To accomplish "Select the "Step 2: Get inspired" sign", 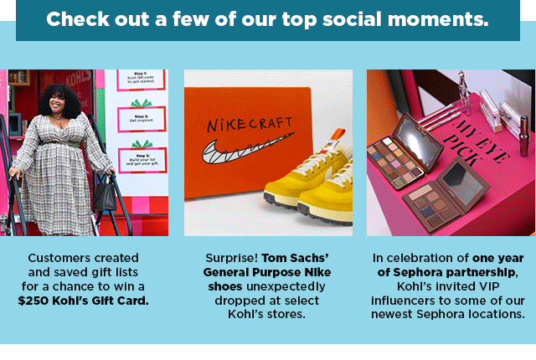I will point(142,120).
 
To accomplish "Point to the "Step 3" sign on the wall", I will point(142,159).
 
